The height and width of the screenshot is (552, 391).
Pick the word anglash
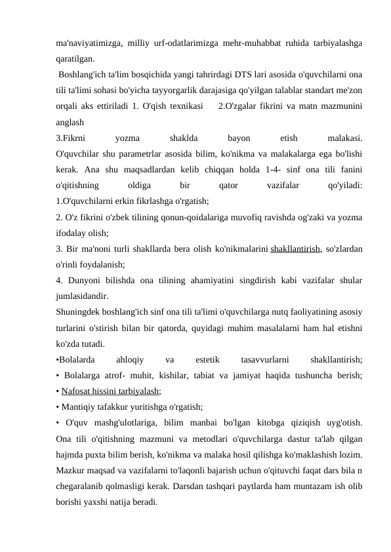(70, 122)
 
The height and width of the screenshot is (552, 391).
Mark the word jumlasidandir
(83, 296)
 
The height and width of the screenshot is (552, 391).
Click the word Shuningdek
(78, 312)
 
